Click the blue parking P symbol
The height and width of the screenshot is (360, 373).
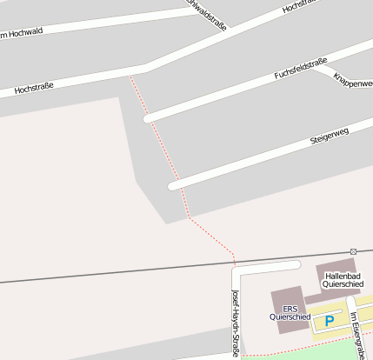point(330,321)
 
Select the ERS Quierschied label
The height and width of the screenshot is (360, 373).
point(290,313)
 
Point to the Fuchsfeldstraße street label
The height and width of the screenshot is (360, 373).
point(300,70)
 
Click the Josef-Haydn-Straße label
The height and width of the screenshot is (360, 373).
point(235,323)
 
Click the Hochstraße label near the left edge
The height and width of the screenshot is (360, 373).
point(35,88)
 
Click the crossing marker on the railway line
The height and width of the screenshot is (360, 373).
point(353,251)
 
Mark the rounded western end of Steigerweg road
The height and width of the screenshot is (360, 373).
point(173,185)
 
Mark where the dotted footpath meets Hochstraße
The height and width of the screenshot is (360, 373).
point(130,74)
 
